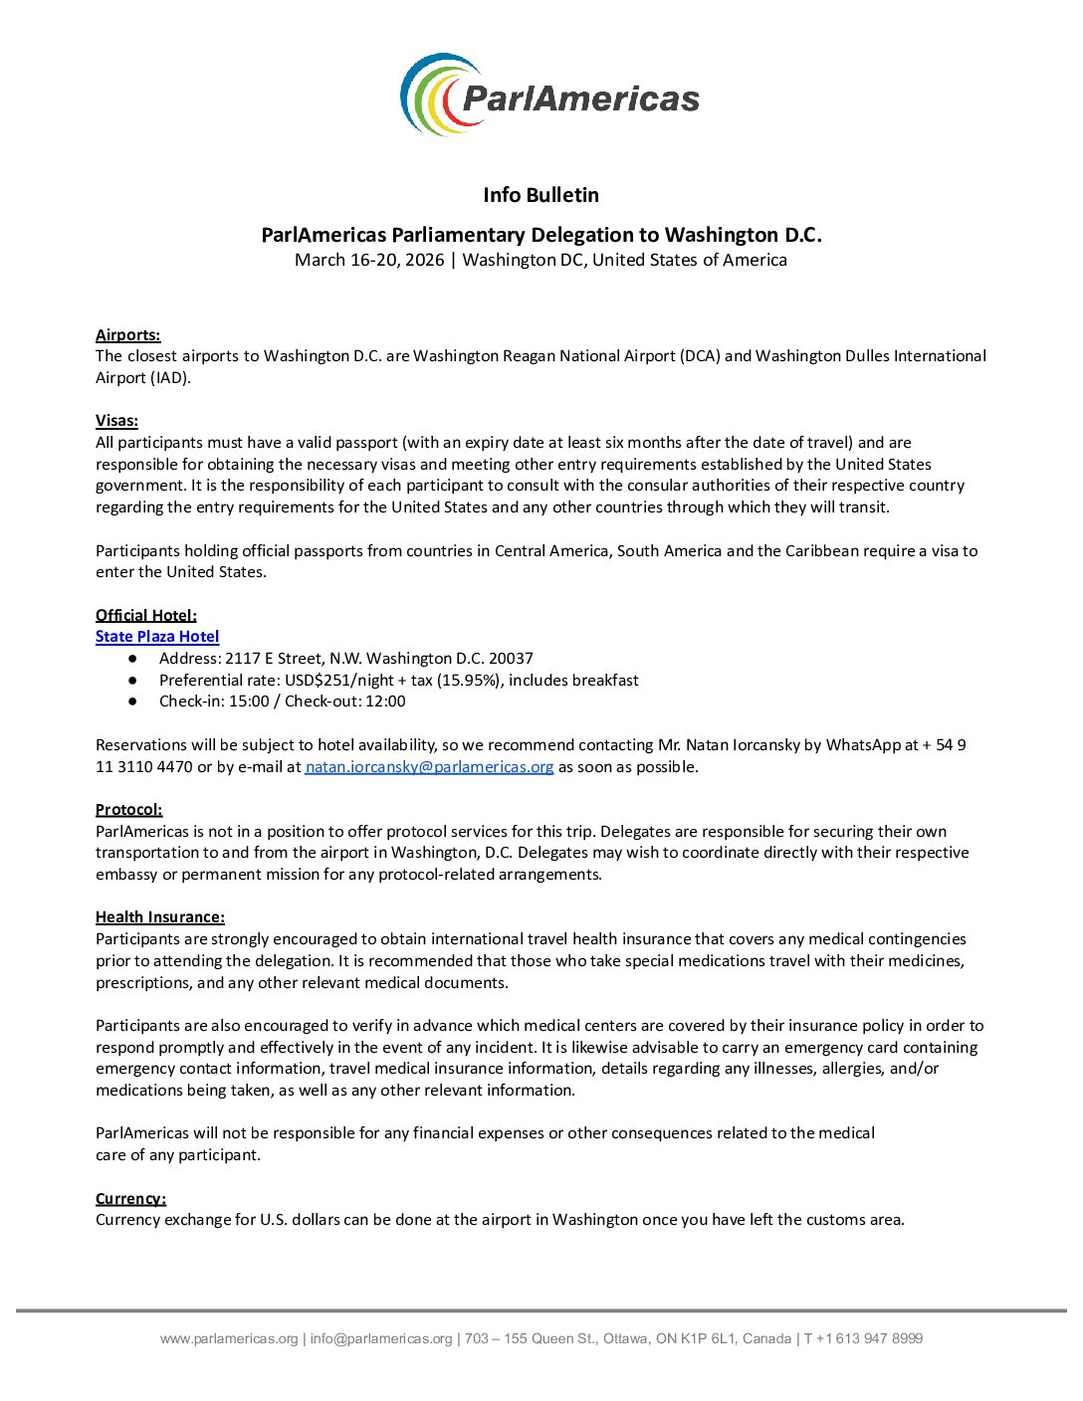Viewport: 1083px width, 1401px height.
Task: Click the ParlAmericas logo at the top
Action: tap(549, 96)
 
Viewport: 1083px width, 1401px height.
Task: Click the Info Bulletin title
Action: tap(541, 195)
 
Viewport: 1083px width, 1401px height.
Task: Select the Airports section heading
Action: tap(127, 335)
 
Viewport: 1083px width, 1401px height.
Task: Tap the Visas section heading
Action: tap(116, 421)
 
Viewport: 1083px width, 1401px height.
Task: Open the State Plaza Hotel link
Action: tap(157, 637)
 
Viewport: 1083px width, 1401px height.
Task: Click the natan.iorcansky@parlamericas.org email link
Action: tap(429, 767)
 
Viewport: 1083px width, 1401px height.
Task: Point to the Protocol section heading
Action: tap(128, 810)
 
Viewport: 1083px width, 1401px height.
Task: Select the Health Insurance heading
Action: tap(160, 917)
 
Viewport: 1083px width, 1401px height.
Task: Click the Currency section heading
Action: tap(130, 1199)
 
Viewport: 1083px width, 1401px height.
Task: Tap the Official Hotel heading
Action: tap(146, 616)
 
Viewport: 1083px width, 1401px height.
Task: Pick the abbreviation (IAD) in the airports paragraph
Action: tap(168, 378)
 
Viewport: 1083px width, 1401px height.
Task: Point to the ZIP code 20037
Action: tap(511, 659)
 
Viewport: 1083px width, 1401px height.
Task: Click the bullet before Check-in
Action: tap(132, 701)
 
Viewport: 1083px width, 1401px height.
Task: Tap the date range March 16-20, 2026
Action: tap(369, 261)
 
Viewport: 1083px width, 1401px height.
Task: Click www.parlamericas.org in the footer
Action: tap(229, 1339)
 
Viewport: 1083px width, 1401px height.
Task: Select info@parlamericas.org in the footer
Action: tap(381, 1339)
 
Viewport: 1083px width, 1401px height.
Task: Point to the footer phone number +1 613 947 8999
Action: tap(869, 1339)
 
